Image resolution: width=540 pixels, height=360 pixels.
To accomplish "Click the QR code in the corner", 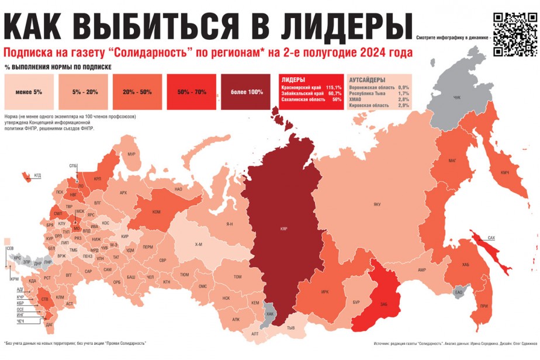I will click(x=514, y=34).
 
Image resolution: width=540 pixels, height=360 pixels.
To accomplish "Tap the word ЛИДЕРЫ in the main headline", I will click(x=333, y=25).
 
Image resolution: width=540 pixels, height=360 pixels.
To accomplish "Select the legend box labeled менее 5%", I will click(x=29, y=92).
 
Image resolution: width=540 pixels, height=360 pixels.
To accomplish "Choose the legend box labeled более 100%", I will click(x=246, y=92).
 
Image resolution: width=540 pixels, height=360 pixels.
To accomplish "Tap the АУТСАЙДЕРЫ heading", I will click(x=367, y=79).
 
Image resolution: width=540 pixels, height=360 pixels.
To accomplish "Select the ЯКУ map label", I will click(x=377, y=204).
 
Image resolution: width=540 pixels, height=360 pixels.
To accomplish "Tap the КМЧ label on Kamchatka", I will click(x=505, y=172).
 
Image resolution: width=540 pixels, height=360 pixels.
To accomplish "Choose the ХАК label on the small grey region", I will click(x=269, y=314).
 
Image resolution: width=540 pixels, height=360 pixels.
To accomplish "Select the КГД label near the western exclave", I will click(x=37, y=175).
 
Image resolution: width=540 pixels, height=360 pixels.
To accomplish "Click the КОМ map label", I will click(x=156, y=212).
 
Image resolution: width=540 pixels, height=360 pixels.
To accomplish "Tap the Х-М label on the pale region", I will click(x=199, y=245).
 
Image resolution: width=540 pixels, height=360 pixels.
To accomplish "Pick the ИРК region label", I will click(x=325, y=292).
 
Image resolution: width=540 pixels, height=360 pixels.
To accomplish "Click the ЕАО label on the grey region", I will click(x=459, y=292).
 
